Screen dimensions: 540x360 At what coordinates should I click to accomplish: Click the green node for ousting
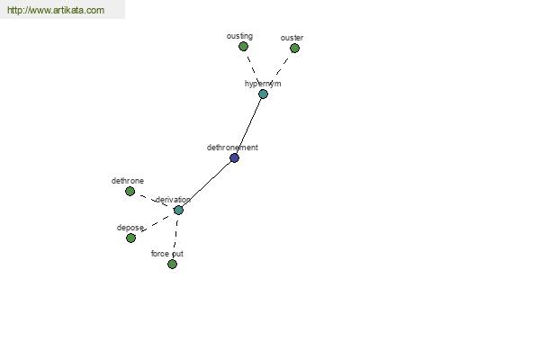pos(243,46)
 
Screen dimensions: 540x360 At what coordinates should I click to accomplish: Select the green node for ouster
pos(294,49)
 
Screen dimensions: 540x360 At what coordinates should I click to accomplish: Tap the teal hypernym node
pos(263,94)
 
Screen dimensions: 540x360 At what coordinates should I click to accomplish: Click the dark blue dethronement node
pos(234,157)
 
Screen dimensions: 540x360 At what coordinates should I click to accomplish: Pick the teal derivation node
pos(178,210)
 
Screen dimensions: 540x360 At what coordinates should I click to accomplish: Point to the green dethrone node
pos(130,191)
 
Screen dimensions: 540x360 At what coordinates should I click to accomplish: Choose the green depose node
pos(130,238)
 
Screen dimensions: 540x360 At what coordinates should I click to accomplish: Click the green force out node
pos(172,264)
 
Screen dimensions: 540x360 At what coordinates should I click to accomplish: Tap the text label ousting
pos(239,36)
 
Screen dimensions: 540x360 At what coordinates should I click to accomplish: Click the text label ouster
pos(292,38)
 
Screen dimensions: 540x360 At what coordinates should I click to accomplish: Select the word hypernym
pos(263,84)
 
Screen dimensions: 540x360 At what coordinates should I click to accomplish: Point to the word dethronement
pos(232,147)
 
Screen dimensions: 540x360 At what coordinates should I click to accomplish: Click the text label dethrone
pos(128,181)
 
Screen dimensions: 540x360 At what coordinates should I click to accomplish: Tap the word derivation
pos(173,200)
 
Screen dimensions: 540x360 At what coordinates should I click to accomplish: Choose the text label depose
pos(130,228)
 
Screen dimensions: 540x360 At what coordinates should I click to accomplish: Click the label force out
pos(167,254)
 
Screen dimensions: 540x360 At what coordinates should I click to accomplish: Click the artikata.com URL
pos(56,10)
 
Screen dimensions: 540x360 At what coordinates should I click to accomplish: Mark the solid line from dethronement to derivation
pos(206,184)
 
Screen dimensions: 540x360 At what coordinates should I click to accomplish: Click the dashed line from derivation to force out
pos(175,237)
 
